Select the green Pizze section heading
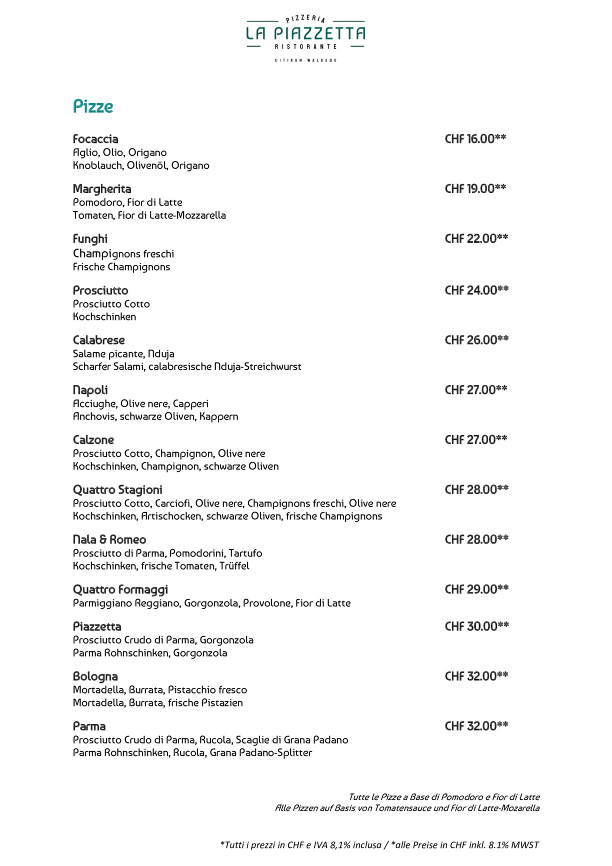93,106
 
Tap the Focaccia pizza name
95,139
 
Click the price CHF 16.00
475,139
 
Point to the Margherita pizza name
102,189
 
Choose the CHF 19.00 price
475,189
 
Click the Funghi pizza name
90,239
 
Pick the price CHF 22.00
476,239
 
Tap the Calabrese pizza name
98,340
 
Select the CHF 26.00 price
476,340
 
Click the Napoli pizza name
90,390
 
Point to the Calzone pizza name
93,440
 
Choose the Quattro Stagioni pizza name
117,490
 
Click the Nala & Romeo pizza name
109,540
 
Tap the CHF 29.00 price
476,589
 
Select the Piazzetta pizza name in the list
97,627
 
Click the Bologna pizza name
95,677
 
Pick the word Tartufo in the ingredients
245,553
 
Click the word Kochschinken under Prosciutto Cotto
104,317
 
